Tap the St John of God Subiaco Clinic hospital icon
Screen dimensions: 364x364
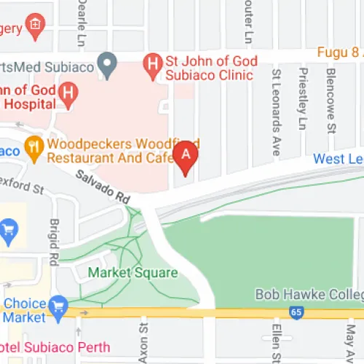click(153, 63)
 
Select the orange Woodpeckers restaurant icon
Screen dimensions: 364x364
click(33, 146)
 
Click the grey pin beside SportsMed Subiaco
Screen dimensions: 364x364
click(108, 66)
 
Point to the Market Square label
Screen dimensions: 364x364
click(132, 273)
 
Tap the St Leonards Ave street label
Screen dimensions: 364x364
click(276, 113)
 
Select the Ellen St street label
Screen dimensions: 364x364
click(277, 343)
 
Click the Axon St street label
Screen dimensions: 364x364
click(143, 344)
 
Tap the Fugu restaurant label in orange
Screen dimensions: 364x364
click(338, 52)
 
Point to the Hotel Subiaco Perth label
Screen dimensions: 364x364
click(55, 347)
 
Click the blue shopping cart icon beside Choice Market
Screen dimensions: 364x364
click(58, 305)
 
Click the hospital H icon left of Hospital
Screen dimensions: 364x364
click(68, 92)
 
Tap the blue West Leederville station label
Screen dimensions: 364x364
click(339, 159)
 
